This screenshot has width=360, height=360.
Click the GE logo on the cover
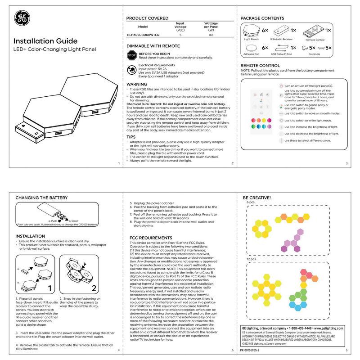pyautogui.click(x=22, y=18)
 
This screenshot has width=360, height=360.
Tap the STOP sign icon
pyautogui.click(x=132, y=56)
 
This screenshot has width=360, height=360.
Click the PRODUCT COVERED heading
pyautogui.click(x=147, y=18)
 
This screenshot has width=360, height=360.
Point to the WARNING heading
pyautogui.click(x=137, y=84)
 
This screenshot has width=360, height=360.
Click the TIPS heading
pyautogui.click(x=131, y=136)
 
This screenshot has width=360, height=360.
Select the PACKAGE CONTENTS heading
pyautogui.click(x=262, y=18)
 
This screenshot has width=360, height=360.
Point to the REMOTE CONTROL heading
pyautogui.click(x=260, y=66)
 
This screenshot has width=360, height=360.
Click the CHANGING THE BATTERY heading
pyautogui.click(x=41, y=198)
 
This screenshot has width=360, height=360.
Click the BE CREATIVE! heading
pyautogui.click(x=257, y=198)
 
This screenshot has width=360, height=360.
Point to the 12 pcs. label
pyautogui.click(x=252, y=259)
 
